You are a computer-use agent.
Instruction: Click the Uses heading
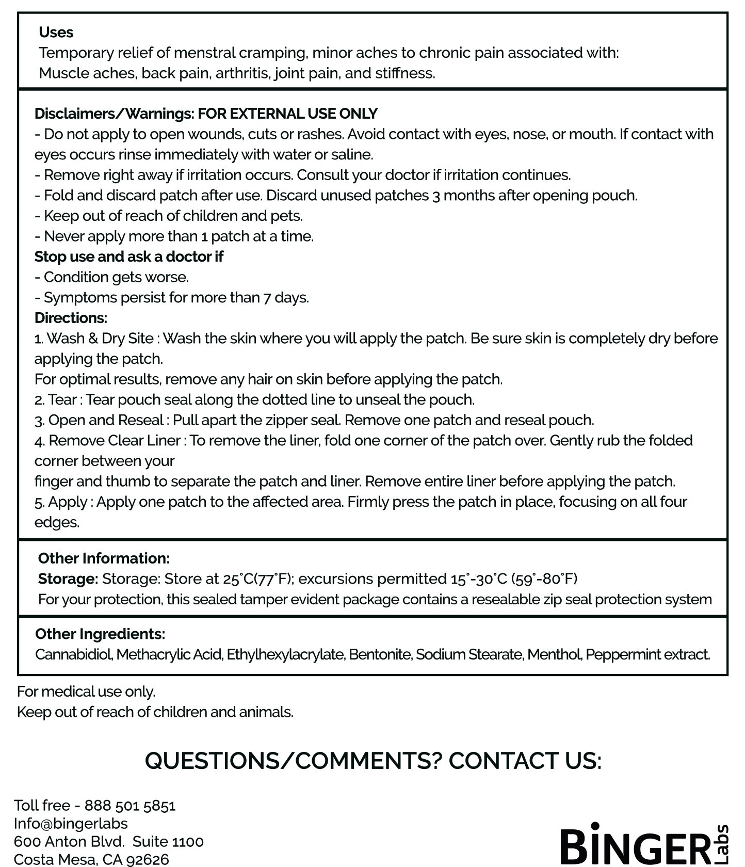point(56,33)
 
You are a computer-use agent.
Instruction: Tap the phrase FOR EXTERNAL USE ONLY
point(287,114)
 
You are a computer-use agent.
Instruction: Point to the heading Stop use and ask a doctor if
point(128,256)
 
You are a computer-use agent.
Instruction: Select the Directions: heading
point(71,318)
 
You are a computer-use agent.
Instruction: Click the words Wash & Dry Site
point(100,339)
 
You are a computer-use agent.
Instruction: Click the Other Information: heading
point(104,558)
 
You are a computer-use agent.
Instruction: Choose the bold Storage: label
point(68,579)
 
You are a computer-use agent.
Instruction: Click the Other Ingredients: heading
point(100,634)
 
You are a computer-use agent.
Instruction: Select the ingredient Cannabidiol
point(74,654)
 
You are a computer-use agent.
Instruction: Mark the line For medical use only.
point(86,692)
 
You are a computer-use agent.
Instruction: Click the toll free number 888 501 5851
point(130,805)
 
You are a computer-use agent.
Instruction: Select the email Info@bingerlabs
point(71,823)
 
